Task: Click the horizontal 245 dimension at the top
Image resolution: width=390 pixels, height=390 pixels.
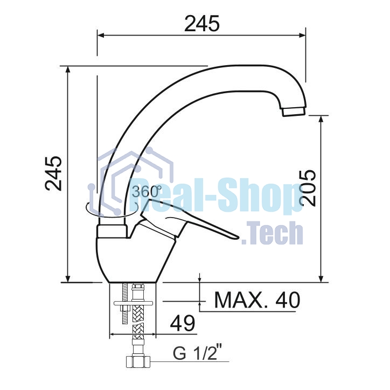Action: point(201,24)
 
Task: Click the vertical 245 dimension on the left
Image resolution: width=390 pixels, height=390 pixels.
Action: point(53,173)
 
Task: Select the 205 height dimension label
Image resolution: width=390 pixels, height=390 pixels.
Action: point(308,188)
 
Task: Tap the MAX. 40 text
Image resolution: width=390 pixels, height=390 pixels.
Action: point(257,300)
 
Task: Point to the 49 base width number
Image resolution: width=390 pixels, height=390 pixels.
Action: point(183,323)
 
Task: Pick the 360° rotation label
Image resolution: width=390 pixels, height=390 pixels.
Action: point(147,192)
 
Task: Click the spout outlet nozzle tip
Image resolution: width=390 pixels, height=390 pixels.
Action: point(294,112)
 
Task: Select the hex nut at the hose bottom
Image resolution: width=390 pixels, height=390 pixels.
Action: point(138,362)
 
